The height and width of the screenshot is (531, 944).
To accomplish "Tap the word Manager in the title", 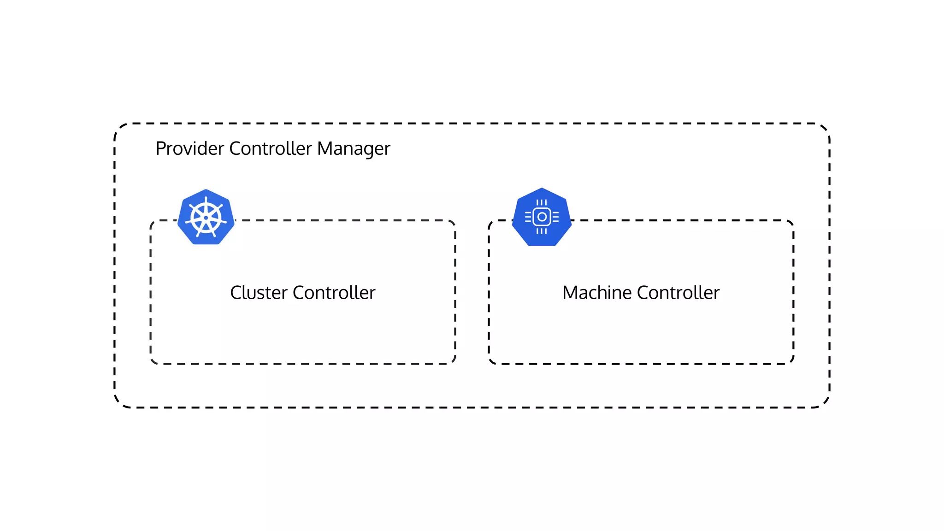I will (x=354, y=148).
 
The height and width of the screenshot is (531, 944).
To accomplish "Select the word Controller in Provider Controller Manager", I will (x=271, y=148).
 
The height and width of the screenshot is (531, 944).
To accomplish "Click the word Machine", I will (x=597, y=293).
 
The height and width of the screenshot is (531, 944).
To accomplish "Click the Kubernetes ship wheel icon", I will (x=206, y=217).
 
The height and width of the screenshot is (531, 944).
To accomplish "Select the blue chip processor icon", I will (x=542, y=217).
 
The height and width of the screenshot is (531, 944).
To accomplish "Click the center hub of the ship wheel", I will (x=206, y=218).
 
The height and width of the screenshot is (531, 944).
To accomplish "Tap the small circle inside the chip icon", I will (x=542, y=217).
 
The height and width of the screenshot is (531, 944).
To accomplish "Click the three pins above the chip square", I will (x=542, y=202).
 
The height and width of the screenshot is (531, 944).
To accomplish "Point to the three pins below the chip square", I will (x=542, y=231).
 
